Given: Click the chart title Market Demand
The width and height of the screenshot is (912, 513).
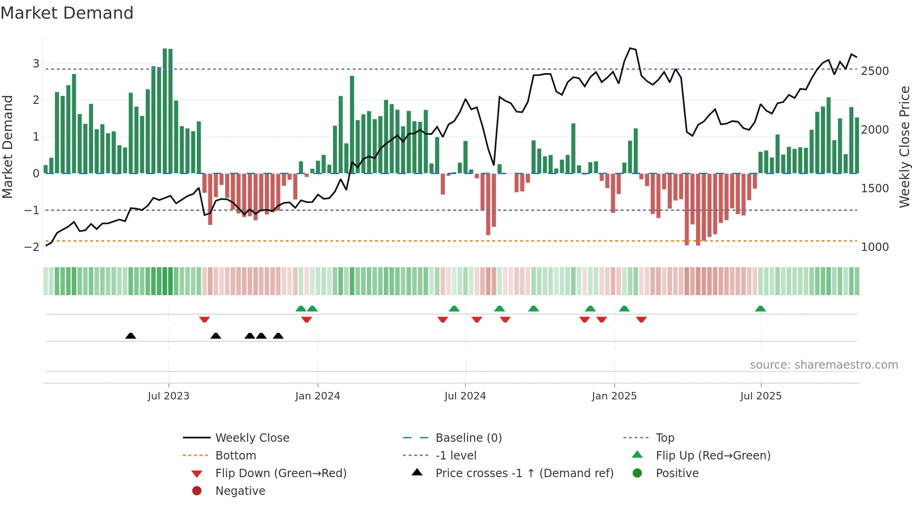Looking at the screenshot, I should point(67,13).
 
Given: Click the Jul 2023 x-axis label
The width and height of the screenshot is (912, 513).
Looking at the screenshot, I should point(168,396).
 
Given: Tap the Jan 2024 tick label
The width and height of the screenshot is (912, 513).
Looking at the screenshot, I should point(317,396).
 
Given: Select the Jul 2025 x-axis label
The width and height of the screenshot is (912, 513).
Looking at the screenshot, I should point(761,396).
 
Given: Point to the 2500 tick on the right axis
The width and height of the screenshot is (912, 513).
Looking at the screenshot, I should point(875,71).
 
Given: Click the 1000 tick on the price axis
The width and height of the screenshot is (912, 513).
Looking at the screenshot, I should point(875,247).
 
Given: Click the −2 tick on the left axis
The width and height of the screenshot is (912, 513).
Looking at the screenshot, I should point(32,247).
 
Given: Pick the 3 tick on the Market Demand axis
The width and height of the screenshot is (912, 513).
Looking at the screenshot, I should point(36,63).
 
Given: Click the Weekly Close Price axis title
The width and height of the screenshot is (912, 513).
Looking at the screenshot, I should point(904,147).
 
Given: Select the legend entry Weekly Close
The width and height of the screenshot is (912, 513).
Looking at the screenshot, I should point(252,438).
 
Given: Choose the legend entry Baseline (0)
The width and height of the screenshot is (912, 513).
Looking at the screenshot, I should point(468,438).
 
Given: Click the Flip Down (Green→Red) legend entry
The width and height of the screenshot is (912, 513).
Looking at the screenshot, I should point(281,473).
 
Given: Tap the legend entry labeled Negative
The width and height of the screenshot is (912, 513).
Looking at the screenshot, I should point(240,491).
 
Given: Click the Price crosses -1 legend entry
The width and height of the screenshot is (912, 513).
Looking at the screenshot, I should point(524,473).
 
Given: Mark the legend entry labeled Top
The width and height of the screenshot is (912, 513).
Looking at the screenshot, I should point(664,438).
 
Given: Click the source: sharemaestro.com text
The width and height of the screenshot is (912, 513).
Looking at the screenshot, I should point(824,365).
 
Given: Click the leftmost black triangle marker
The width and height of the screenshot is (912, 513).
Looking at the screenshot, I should point(131,336).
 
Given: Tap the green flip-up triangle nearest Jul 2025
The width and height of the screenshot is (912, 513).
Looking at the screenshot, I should point(760,309).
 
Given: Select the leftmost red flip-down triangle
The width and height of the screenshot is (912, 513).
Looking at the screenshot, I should point(204,319).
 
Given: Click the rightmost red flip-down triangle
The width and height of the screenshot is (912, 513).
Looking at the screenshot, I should point(641,319).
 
